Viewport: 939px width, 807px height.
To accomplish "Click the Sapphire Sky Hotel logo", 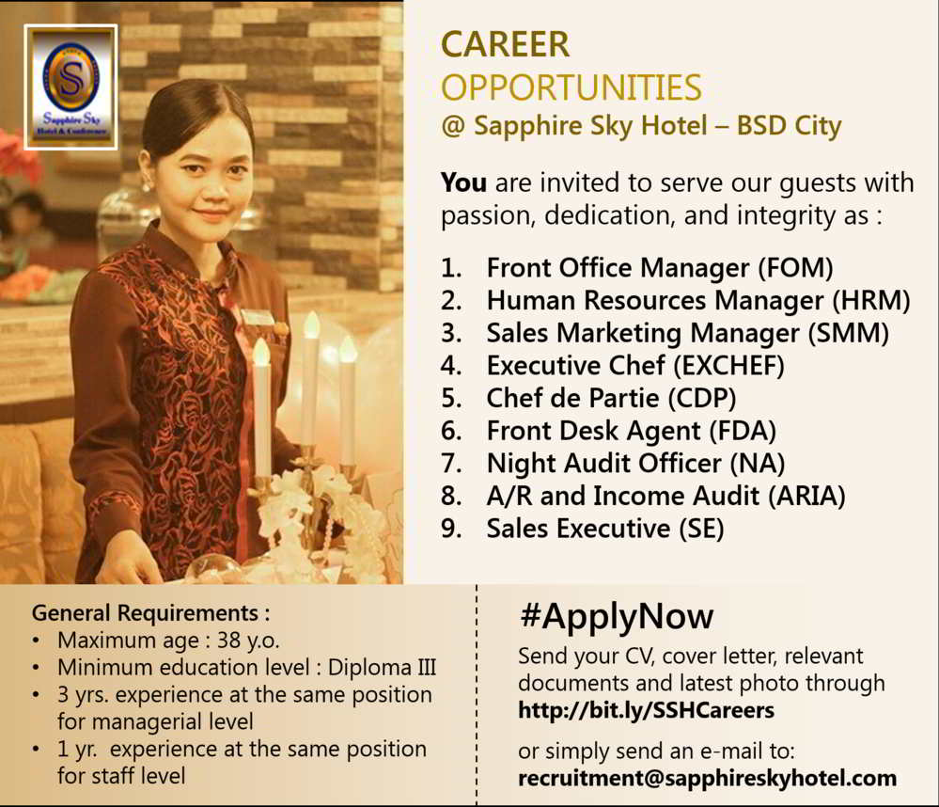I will click(x=70, y=87).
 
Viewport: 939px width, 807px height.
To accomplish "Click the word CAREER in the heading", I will click(x=506, y=44).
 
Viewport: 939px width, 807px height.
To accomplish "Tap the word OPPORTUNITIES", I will click(x=571, y=87).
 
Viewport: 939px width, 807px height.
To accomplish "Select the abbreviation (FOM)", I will click(x=794, y=268).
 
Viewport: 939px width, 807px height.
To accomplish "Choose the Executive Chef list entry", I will click(x=634, y=365).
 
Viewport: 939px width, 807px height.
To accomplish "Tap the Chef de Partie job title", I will click(x=573, y=398).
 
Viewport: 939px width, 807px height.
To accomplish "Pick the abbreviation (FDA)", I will click(x=743, y=431).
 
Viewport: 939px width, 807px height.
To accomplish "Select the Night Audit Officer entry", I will click(x=634, y=463).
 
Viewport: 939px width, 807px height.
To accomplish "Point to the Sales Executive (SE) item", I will click(x=604, y=529).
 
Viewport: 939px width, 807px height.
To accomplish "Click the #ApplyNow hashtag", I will click(x=616, y=617).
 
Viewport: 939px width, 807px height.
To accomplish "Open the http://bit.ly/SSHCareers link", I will click(x=646, y=710).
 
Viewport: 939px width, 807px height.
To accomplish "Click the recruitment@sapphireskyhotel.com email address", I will click(x=707, y=779).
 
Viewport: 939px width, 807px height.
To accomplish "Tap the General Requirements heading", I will click(x=150, y=613).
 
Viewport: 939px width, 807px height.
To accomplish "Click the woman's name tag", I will click(x=257, y=317).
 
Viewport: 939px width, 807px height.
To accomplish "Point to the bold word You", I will click(x=463, y=182).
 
